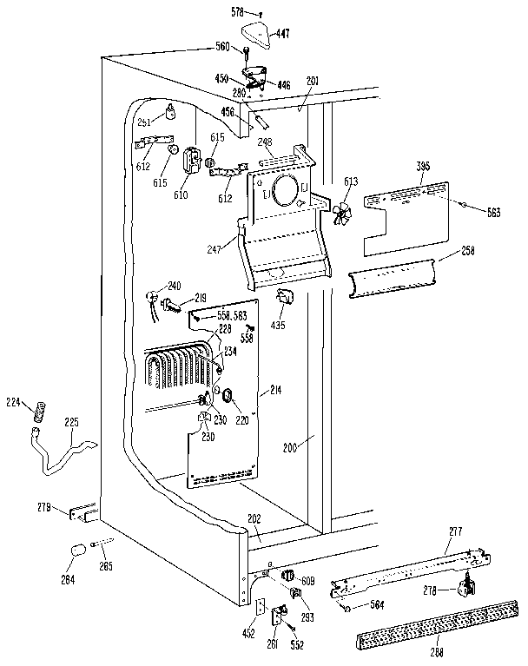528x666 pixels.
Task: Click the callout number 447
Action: [x=283, y=34]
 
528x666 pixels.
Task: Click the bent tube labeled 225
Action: [x=61, y=452]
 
